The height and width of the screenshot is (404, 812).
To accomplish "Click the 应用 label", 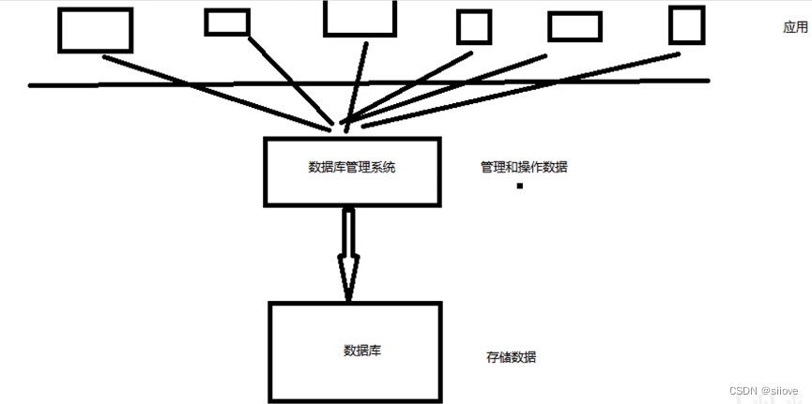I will pos(795,28).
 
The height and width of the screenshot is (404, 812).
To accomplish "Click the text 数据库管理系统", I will pos(352,168).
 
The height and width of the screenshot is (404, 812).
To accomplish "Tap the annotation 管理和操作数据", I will pos(524,168).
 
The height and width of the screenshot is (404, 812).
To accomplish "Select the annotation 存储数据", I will pos(512,357).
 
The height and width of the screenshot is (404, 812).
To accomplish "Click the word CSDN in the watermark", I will pos(743,390).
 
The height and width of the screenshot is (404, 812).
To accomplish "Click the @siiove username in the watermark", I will pos(779,390).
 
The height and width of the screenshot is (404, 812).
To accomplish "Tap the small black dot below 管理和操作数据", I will pos(519,187).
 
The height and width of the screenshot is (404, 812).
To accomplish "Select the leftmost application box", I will pos(95,30).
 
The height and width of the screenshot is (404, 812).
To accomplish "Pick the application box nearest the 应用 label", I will pos(687,25).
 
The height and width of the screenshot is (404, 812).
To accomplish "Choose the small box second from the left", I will pos(227,22).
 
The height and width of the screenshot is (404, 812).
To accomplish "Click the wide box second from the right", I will pos(575,26).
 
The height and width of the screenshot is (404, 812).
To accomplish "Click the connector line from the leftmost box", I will pos(216,92).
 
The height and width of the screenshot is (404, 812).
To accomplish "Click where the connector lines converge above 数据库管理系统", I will pos(343,126).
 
